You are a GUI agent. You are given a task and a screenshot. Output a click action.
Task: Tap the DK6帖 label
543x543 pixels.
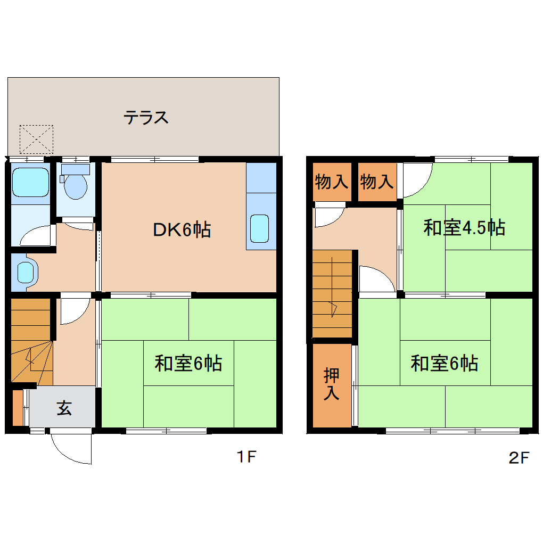[x=182, y=230]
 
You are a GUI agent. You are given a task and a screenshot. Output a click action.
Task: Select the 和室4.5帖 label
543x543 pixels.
[x=464, y=228]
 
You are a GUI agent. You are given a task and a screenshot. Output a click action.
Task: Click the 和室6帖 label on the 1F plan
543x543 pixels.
[x=188, y=364]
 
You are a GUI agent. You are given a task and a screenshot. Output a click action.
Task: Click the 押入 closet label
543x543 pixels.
[x=332, y=384]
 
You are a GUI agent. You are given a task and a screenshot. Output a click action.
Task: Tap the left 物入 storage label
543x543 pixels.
[x=331, y=183]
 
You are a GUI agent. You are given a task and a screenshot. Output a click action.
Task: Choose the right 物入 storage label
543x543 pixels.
[x=376, y=183]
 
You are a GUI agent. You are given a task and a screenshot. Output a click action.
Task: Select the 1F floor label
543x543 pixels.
[x=246, y=457]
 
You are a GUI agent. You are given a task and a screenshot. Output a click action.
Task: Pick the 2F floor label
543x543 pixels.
[x=519, y=458]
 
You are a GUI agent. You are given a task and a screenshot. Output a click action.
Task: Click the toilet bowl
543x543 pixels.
[x=75, y=186]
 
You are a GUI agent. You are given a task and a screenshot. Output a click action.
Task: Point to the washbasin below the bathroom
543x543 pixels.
[x=26, y=273]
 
